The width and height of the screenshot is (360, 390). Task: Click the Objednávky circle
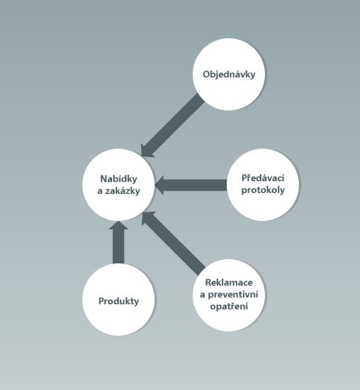pos(228,74)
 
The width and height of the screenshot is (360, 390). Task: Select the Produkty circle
pos(119,300)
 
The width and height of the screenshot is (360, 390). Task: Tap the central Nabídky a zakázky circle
pos(119,184)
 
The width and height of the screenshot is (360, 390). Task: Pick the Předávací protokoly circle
pos(262,184)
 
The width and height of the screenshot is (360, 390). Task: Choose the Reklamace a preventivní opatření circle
pos(228,295)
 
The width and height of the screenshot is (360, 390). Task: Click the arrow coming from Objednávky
pos(172,126)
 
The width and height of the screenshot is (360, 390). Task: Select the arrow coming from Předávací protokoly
pos(191,185)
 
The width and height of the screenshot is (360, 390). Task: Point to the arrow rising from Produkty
pos(118,242)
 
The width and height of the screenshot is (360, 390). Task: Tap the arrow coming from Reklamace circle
pos(173,243)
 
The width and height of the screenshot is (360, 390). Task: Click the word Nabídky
pos(119,178)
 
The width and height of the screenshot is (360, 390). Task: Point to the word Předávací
pos(262,178)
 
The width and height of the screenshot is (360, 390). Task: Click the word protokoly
pos(262,189)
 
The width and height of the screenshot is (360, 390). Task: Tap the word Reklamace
pos(229,282)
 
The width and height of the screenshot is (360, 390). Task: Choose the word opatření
pos(229,307)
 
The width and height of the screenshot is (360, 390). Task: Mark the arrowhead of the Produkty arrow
pos(118,225)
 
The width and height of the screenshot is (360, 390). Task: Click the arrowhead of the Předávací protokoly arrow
pos(160,185)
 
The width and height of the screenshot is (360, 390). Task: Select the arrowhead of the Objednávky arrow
pos(146,151)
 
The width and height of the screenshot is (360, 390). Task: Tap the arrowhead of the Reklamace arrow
pos(147,217)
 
